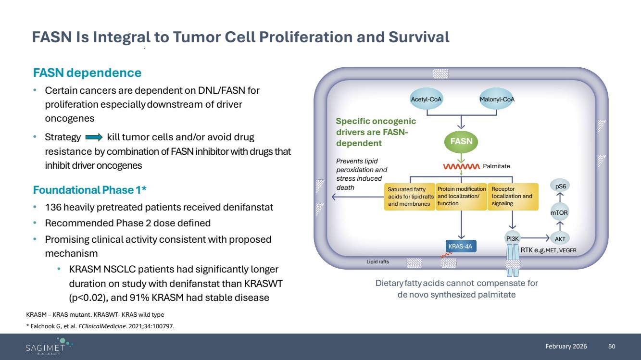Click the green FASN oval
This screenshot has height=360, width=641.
[461, 141]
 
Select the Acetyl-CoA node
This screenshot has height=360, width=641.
[427, 99]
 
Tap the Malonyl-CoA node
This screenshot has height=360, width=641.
[497, 99]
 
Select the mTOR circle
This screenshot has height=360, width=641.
[559, 212]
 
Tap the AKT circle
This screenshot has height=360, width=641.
[559, 238]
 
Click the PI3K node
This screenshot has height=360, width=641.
[513, 238]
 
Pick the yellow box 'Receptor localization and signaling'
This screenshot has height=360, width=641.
[513, 197]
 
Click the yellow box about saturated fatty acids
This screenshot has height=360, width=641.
[410, 197]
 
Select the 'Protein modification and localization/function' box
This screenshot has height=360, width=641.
[461, 197]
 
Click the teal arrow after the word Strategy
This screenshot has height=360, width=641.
[94, 137]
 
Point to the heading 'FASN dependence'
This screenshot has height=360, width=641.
[87, 73]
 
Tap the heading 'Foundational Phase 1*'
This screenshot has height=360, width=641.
[90, 190]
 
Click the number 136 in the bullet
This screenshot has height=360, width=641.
[53, 208]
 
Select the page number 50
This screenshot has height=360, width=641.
[612, 346]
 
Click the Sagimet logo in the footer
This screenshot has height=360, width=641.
[48, 346]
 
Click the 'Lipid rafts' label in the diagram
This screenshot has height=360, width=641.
[377, 262]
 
